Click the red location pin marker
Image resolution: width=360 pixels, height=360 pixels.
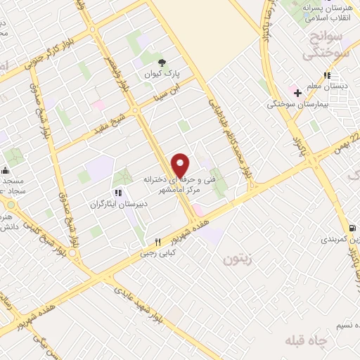click(181, 165)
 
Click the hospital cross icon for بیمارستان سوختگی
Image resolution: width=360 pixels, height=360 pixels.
click(298, 92)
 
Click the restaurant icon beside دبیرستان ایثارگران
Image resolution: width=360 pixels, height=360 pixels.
click(117, 192)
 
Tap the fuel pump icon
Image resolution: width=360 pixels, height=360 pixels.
click(351, 227)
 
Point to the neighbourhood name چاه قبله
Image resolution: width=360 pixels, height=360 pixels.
click(306, 341)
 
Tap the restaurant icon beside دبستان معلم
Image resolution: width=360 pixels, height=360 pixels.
click(327, 75)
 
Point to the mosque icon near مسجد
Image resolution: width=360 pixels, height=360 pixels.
click(5, 169)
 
